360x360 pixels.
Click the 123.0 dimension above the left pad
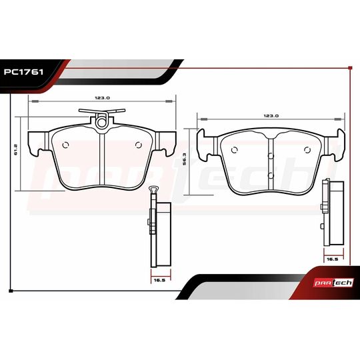click(102, 97)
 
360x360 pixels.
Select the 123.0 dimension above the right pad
click(271, 115)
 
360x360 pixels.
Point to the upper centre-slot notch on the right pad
click(271, 157)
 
